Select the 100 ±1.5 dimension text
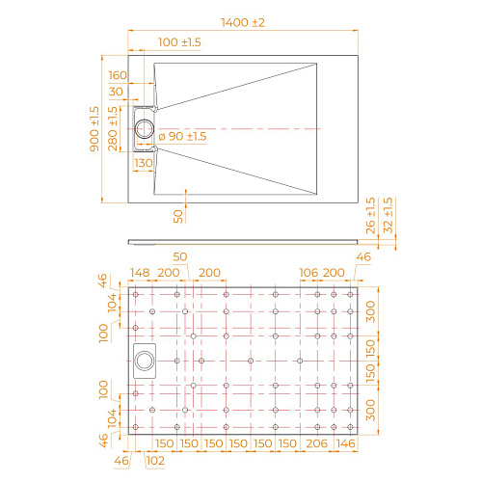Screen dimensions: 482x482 tap(179, 42)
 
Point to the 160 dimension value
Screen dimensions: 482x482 tap(119, 75)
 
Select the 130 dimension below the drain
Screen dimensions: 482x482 tap(144, 164)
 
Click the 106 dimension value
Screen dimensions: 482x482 tap(308, 274)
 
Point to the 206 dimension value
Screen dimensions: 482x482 tap(316, 443)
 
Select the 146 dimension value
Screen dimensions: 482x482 tap(346, 443)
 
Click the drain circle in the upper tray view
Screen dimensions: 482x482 tap(146, 128)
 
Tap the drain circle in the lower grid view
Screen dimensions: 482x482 tap(144, 360)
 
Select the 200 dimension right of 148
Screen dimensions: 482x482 tap(168, 274)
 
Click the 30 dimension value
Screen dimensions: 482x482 tap(116, 92)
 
